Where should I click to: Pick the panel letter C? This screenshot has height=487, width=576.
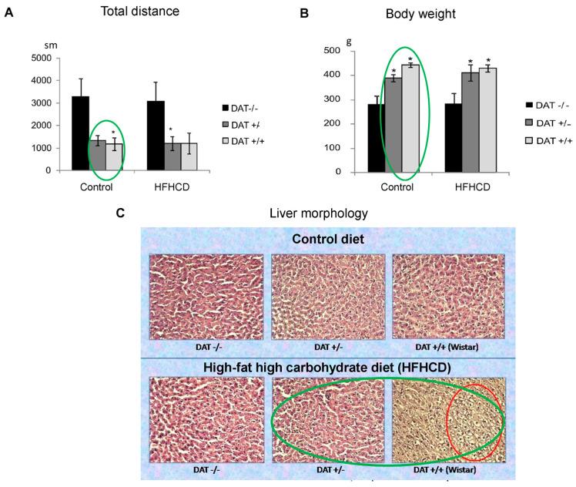pos(120,211)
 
